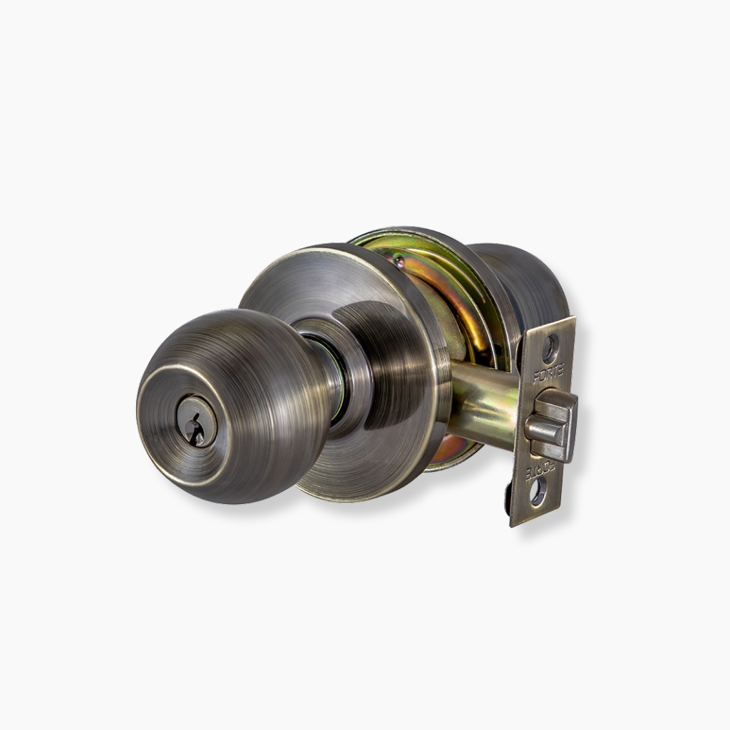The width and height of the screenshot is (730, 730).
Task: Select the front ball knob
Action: (x=236, y=406)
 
